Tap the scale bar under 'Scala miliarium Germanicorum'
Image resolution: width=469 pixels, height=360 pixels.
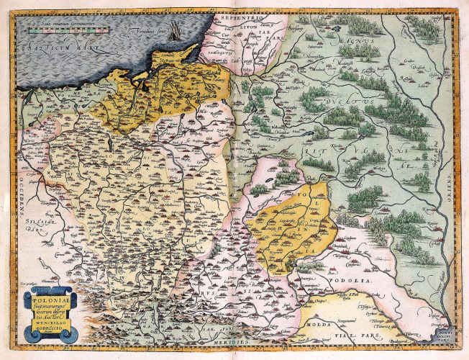coord(65,31)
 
